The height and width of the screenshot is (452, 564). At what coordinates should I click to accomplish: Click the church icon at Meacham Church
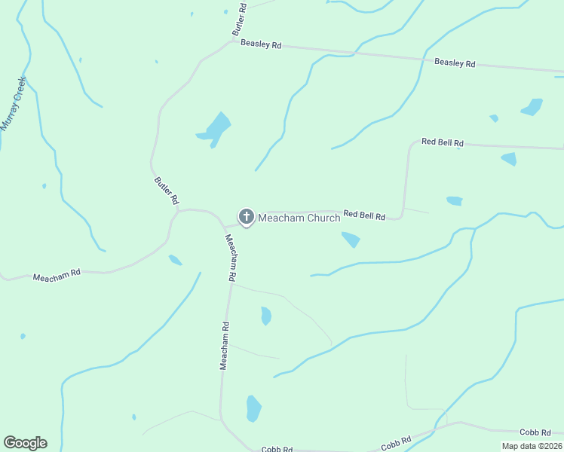click(x=246, y=217)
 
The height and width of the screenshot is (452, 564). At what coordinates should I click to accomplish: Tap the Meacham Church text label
click(x=299, y=218)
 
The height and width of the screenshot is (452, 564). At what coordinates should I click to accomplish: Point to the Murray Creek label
click(x=14, y=103)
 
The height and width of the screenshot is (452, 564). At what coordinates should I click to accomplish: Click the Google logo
click(x=25, y=443)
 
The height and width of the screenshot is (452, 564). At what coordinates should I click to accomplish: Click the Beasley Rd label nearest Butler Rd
click(x=261, y=44)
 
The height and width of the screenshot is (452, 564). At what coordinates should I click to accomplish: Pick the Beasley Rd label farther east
click(x=455, y=63)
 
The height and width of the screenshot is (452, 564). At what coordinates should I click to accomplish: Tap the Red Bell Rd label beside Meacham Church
click(x=364, y=215)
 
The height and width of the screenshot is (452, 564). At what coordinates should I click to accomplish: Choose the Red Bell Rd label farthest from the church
click(x=442, y=142)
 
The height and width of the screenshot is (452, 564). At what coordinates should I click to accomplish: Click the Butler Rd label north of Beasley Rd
click(x=239, y=19)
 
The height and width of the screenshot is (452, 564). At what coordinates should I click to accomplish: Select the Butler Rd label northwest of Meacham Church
click(x=166, y=191)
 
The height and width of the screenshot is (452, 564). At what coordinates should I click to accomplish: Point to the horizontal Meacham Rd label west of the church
click(x=57, y=277)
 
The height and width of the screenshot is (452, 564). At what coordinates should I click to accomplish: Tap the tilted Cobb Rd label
click(x=396, y=443)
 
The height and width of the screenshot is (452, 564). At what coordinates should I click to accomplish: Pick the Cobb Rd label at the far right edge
click(x=535, y=432)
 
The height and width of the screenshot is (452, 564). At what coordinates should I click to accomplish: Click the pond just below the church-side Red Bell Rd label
click(x=351, y=240)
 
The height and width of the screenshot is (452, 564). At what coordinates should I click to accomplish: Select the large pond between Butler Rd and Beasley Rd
click(x=215, y=130)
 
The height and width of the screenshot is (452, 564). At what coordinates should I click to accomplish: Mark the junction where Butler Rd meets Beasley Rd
click(x=231, y=42)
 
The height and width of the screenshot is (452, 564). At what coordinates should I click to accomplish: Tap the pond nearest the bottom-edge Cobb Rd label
click(x=253, y=408)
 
